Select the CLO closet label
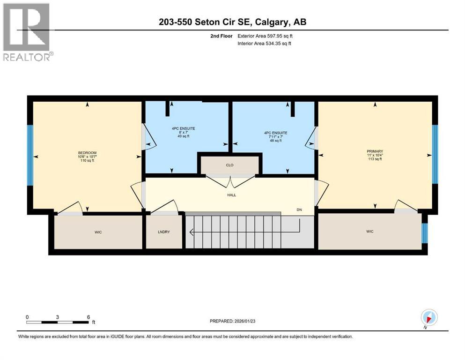point(229,165)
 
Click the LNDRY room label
point(164,231)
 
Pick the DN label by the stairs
point(299,210)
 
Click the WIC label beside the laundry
point(98,231)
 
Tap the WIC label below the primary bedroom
point(369,231)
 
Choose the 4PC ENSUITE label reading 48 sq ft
point(275,133)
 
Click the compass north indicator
point(429,318)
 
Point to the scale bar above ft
point(58,322)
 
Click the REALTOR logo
point(27,32)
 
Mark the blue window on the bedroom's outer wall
point(30,155)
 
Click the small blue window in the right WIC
point(425,233)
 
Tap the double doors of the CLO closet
point(230,179)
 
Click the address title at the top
point(232,22)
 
